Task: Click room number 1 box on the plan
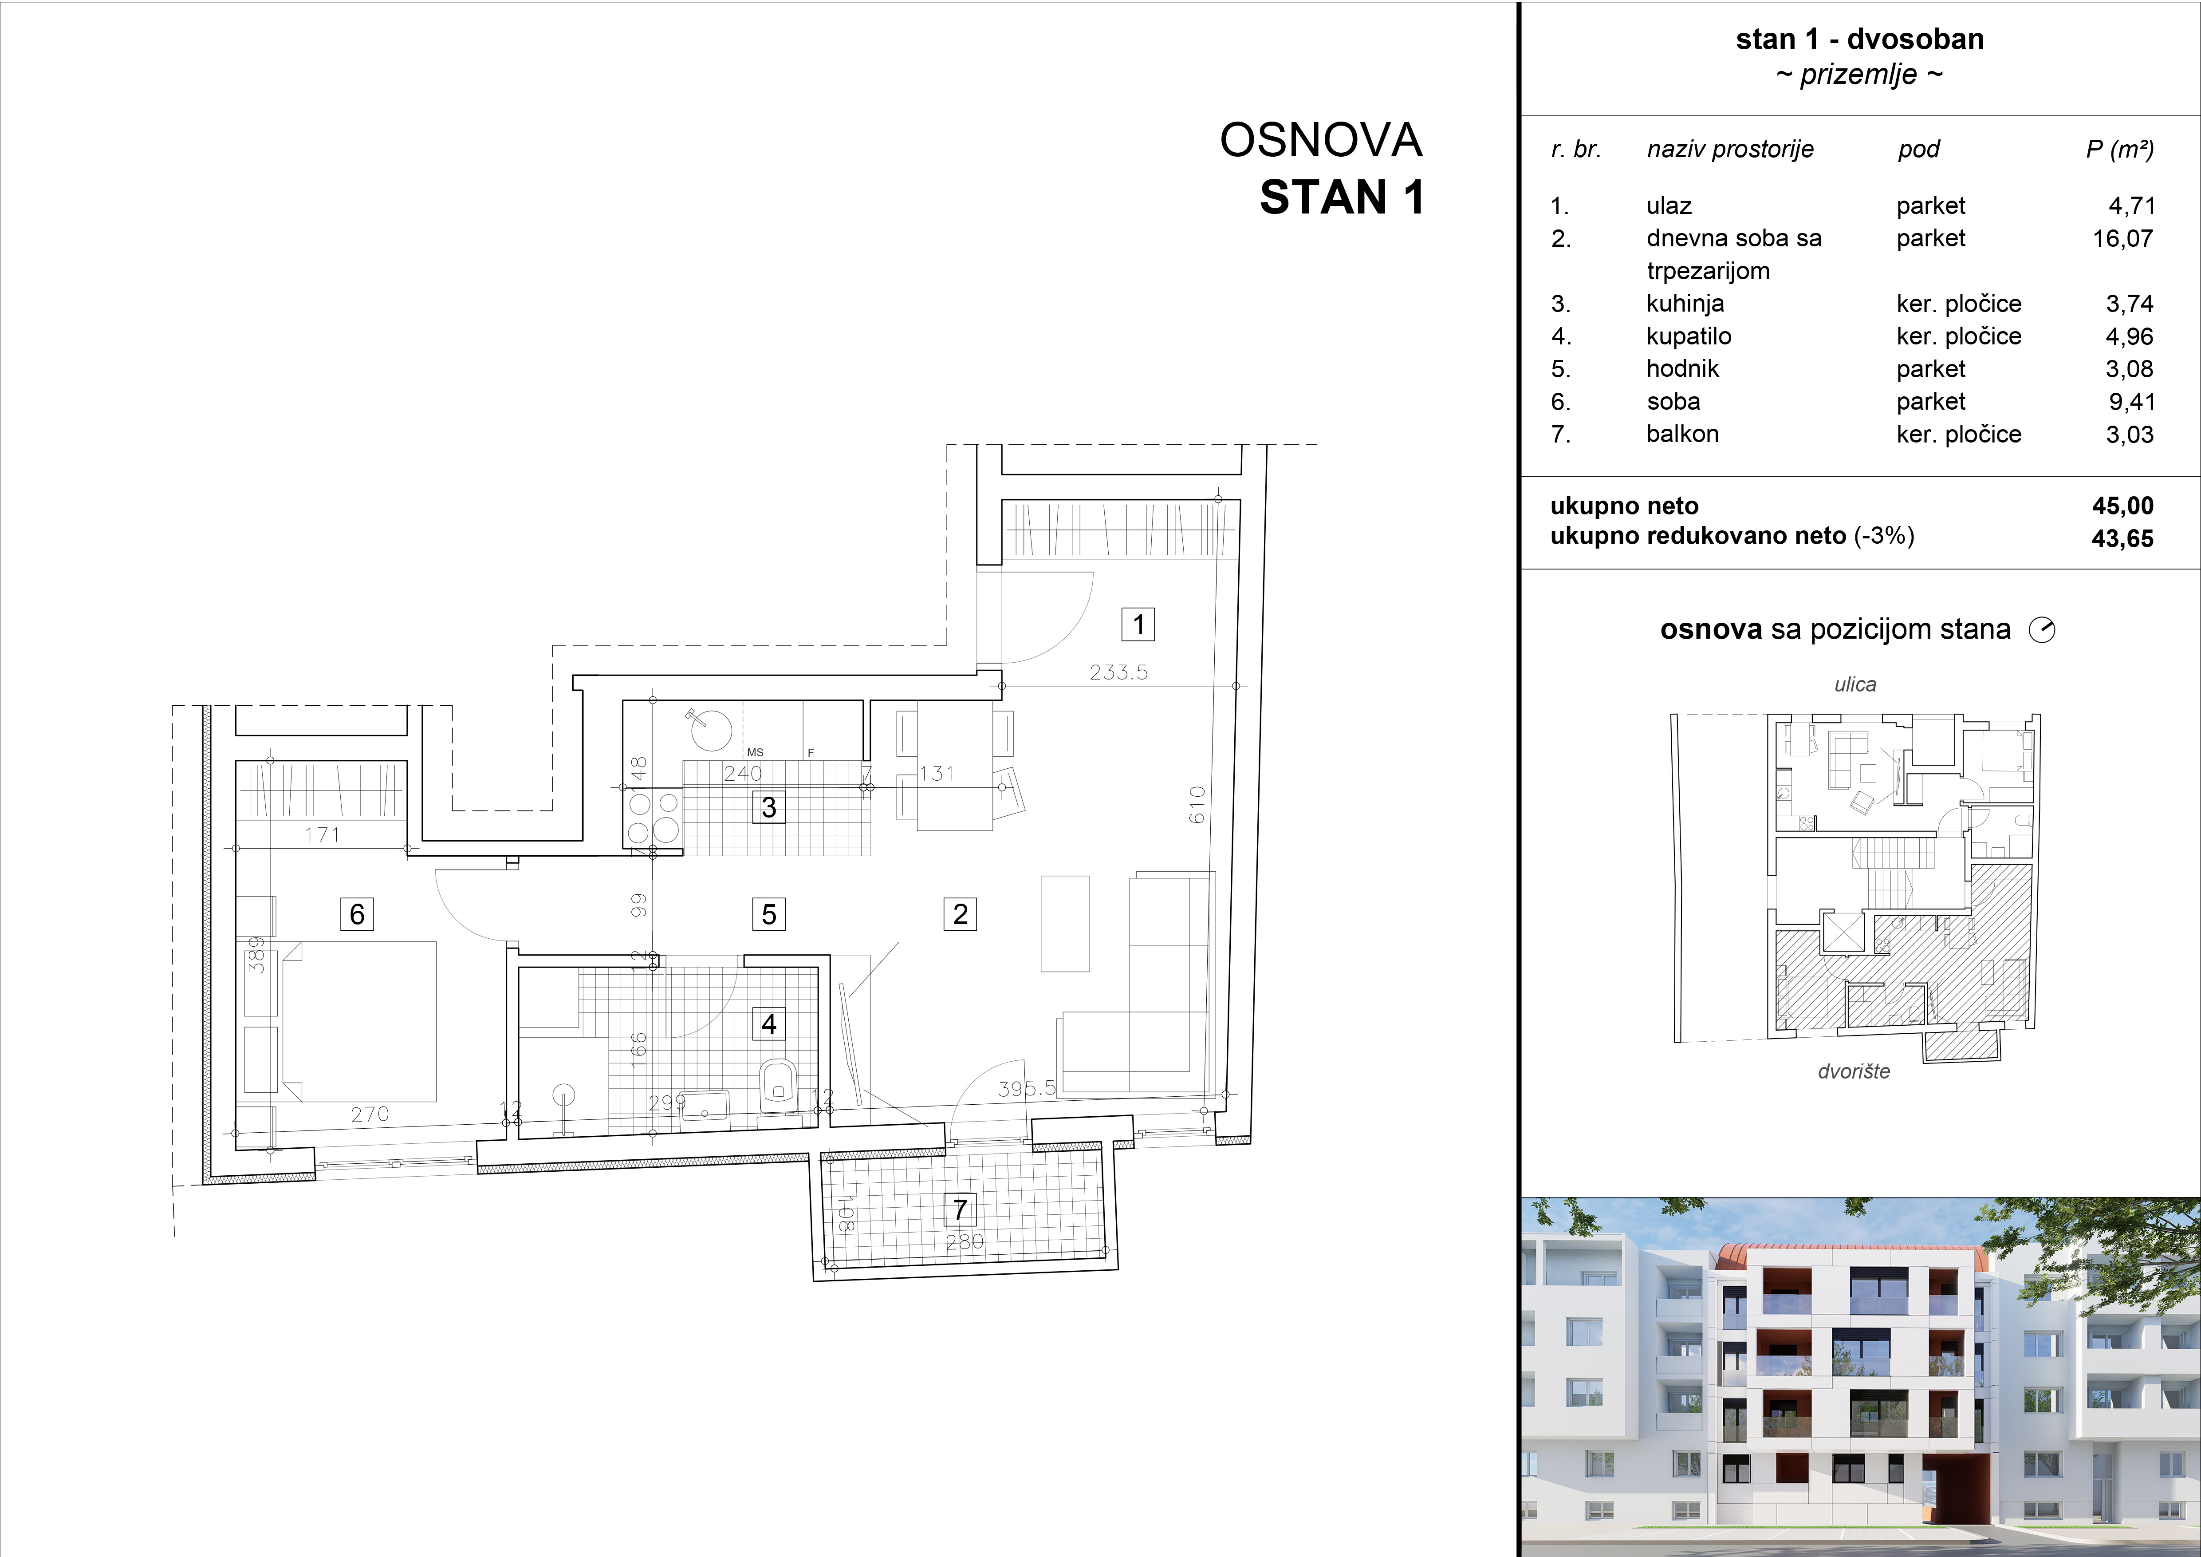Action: click(1138, 624)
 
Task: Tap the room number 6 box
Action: click(357, 914)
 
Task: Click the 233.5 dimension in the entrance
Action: click(1118, 672)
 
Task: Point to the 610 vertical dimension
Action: click(1197, 804)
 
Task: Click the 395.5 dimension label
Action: click(1027, 1088)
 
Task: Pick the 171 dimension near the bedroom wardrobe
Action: click(322, 834)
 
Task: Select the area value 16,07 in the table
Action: click(2122, 238)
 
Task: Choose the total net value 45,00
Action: click(2122, 505)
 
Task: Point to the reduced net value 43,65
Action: click(2122, 539)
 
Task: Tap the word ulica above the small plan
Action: click(1855, 684)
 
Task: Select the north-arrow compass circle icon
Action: click(2043, 630)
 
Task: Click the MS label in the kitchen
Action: click(756, 753)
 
